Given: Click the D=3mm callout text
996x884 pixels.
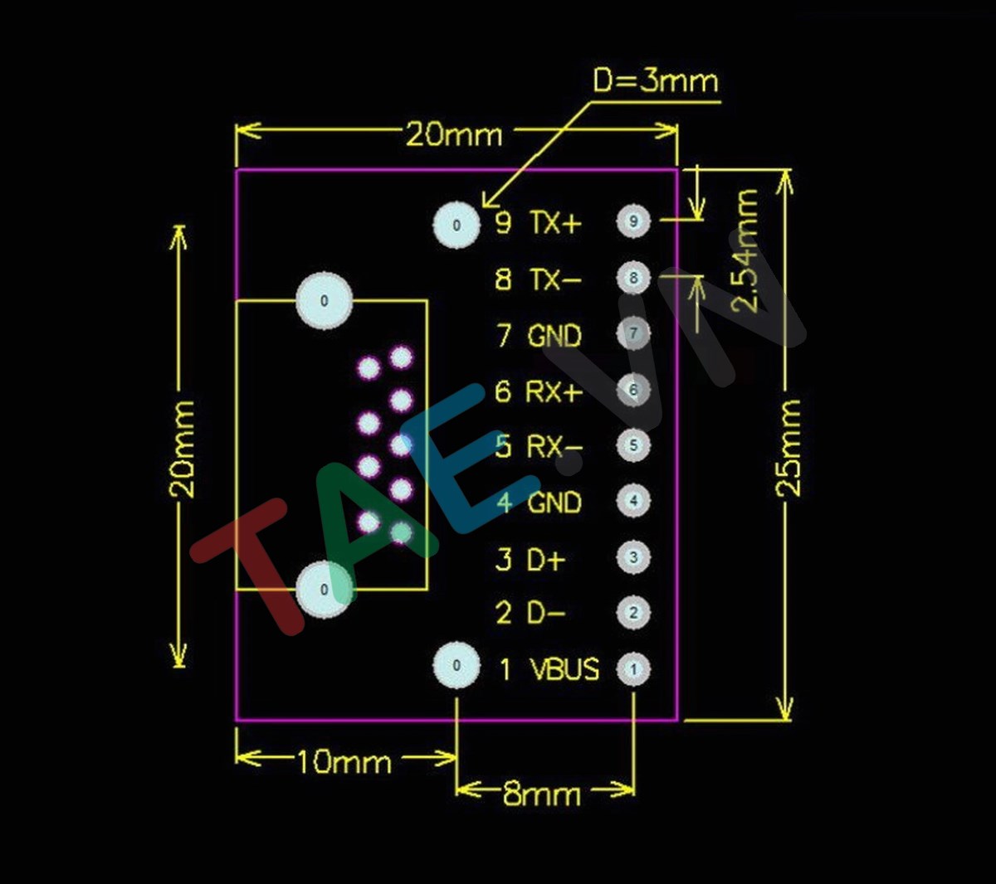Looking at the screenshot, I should coord(655,81).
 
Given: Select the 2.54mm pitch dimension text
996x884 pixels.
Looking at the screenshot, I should coord(747,250).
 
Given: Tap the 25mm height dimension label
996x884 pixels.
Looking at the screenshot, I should coord(788,447).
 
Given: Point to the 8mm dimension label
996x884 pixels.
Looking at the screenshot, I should coord(541,794).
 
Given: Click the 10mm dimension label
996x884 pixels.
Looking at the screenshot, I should coord(344,761).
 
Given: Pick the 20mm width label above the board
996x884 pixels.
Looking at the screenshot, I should coord(454,134).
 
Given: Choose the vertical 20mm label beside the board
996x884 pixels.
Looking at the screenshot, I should coord(183,449).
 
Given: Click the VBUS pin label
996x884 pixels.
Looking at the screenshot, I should coord(564,669).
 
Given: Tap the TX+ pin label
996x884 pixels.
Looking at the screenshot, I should coord(556,223).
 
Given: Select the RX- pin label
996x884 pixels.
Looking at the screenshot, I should coord(554,447).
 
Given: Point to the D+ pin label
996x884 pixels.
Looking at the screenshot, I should coord(546,560).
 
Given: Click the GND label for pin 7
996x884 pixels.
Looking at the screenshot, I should coord(554,336).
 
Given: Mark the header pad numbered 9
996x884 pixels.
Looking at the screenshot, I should coord(633,221).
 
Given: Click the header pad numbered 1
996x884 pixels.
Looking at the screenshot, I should coord(633,669).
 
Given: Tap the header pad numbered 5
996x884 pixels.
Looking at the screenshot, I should coord(633,445).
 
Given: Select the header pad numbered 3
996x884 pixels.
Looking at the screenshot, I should coord(633,557).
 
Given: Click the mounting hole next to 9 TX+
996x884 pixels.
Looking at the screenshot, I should coord(456,225).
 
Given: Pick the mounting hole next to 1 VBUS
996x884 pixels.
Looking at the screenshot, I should coord(456,665).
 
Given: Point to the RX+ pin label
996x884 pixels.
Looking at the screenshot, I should coord(554,391).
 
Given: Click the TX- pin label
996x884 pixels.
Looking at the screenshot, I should coord(555,279).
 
